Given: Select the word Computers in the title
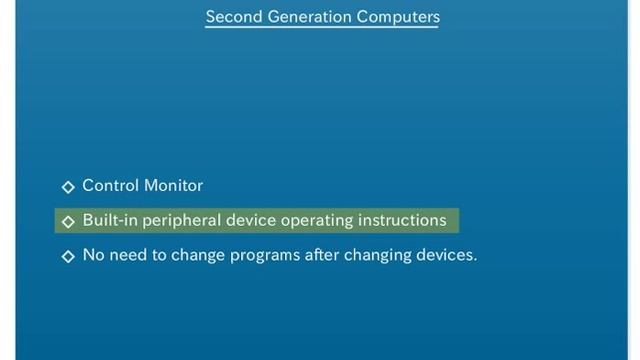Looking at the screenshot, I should coord(401,16).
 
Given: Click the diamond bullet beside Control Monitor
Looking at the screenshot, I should coord(68,186).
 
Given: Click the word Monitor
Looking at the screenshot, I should coord(173,185).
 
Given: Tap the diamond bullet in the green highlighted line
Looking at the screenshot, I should coord(68,221).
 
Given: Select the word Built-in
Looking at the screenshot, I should coord(106,220).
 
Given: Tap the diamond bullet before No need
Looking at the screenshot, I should coord(68,256).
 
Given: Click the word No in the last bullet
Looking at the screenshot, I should coord(93,255).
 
